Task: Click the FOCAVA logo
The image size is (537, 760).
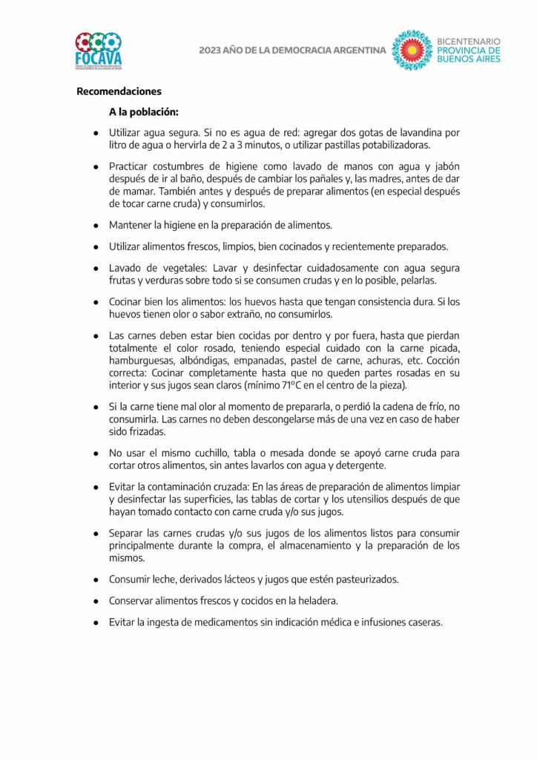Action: click(x=98, y=50)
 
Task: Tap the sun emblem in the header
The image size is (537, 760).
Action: click(x=412, y=50)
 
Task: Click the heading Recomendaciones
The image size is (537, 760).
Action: click(x=119, y=92)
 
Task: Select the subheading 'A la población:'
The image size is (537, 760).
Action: click(x=144, y=112)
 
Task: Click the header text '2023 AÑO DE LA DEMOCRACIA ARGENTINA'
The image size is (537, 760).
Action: click(x=292, y=50)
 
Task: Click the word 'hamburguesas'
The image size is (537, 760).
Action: click(x=139, y=363)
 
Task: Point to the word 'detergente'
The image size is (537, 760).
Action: click(x=358, y=465)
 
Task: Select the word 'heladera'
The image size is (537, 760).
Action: click(x=317, y=600)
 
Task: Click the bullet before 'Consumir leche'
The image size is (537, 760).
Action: click(x=96, y=580)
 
